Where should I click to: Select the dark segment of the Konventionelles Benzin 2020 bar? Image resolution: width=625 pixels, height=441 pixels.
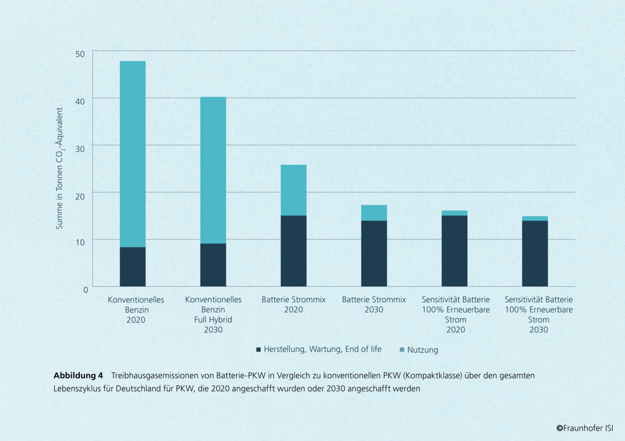coord(133,267)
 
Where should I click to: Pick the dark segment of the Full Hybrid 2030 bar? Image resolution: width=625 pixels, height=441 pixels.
coord(213,265)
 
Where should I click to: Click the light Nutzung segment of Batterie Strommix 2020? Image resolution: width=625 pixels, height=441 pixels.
coord(293,190)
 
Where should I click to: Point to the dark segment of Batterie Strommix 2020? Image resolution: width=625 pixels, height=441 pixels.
coord(293,251)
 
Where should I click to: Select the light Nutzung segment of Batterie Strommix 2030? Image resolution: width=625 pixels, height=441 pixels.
coord(374,213)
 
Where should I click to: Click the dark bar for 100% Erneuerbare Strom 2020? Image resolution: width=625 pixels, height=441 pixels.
coord(454,251)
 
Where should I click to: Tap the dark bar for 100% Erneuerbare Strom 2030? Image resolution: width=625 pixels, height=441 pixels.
coord(535,253)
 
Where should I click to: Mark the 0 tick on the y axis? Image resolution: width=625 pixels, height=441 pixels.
coord(85,290)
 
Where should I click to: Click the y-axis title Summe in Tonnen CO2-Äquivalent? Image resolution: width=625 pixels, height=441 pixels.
coord(60,171)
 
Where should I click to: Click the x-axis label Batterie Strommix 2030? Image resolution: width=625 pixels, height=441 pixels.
coord(374,305)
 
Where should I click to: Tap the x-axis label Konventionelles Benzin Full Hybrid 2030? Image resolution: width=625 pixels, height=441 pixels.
coord(213,315)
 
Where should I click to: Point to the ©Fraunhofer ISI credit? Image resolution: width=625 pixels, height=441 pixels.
coord(584,428)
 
